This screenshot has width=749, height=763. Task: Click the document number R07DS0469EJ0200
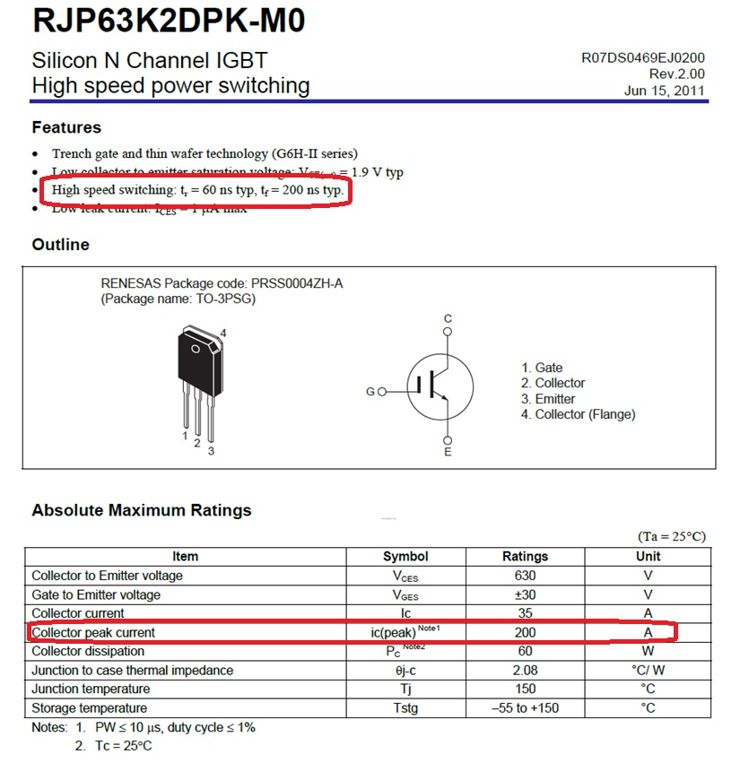(642, 58)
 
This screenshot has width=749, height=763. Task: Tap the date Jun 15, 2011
(665, 91)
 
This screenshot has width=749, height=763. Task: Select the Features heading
(66, 127)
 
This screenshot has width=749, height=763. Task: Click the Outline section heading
(60, 245)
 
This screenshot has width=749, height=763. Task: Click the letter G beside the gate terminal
(370, 392)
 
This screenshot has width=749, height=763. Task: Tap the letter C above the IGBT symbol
(449, 319)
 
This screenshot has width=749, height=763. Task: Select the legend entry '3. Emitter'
(548, 399)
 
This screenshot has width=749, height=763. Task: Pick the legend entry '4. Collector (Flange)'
(578, 414)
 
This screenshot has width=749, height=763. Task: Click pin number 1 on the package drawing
(185, 436)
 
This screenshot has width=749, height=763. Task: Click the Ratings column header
(525, 556)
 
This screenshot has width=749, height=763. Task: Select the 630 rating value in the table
(525, 576)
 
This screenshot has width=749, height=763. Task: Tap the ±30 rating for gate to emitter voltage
(525, 594)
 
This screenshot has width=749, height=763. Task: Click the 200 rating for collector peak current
(525, 632)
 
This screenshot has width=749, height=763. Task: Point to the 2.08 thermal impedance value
(525, 670)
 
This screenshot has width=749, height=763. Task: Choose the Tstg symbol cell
(405, 708)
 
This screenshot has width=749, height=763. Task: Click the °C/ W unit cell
(648, 670)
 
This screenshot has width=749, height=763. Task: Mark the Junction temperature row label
(91, 689)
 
